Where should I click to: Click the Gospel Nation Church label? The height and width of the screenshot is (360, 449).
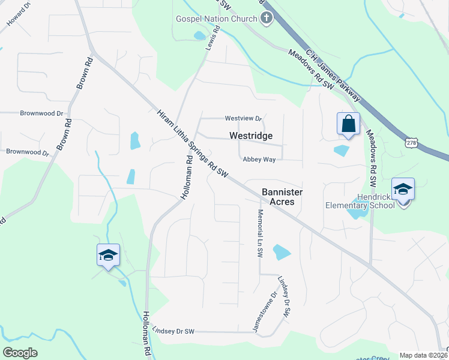pyautogui.click(x=216, y=19)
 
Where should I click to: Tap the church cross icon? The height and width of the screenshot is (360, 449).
pyautogui.click(x=267, y=19)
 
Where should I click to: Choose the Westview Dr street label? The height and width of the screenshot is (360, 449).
pyautogui.click(x=244, y=118)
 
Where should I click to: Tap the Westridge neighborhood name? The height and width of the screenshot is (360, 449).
pyautogui.click(x=251, y=136)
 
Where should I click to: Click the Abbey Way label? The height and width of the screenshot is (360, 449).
pyautogui.click(x=259, y=160)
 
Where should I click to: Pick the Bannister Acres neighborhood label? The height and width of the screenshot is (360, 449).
pyautogui.click(x=282, y=197)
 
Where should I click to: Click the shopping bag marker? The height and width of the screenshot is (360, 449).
pyautogui.click(x=348, y=124)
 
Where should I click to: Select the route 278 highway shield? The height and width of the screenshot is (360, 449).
pyautogui.click(x=411, y=143)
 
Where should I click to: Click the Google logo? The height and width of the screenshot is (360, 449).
pyautogui.click(x=20, y=353)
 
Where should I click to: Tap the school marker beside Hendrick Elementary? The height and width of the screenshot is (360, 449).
pyautogui.click(x=403, y=190)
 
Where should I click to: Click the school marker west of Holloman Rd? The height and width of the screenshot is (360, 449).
pyautogui.click(x=108, y=256)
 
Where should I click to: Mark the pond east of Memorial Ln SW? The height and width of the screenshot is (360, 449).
pyautogui.click(x=281, y=252)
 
